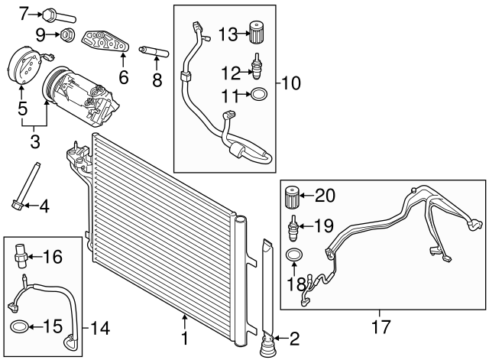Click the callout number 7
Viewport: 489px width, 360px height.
23,13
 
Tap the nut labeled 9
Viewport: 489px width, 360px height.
67,34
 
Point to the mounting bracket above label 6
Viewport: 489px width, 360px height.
105,42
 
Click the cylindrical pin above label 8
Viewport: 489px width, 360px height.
153,51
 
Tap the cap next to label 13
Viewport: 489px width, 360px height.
257,34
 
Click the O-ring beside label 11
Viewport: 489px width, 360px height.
258,96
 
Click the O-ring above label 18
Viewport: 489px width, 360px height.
293,254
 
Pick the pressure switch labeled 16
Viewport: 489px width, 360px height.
22,255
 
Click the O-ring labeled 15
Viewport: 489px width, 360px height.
21,328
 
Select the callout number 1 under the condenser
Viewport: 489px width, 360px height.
184,337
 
